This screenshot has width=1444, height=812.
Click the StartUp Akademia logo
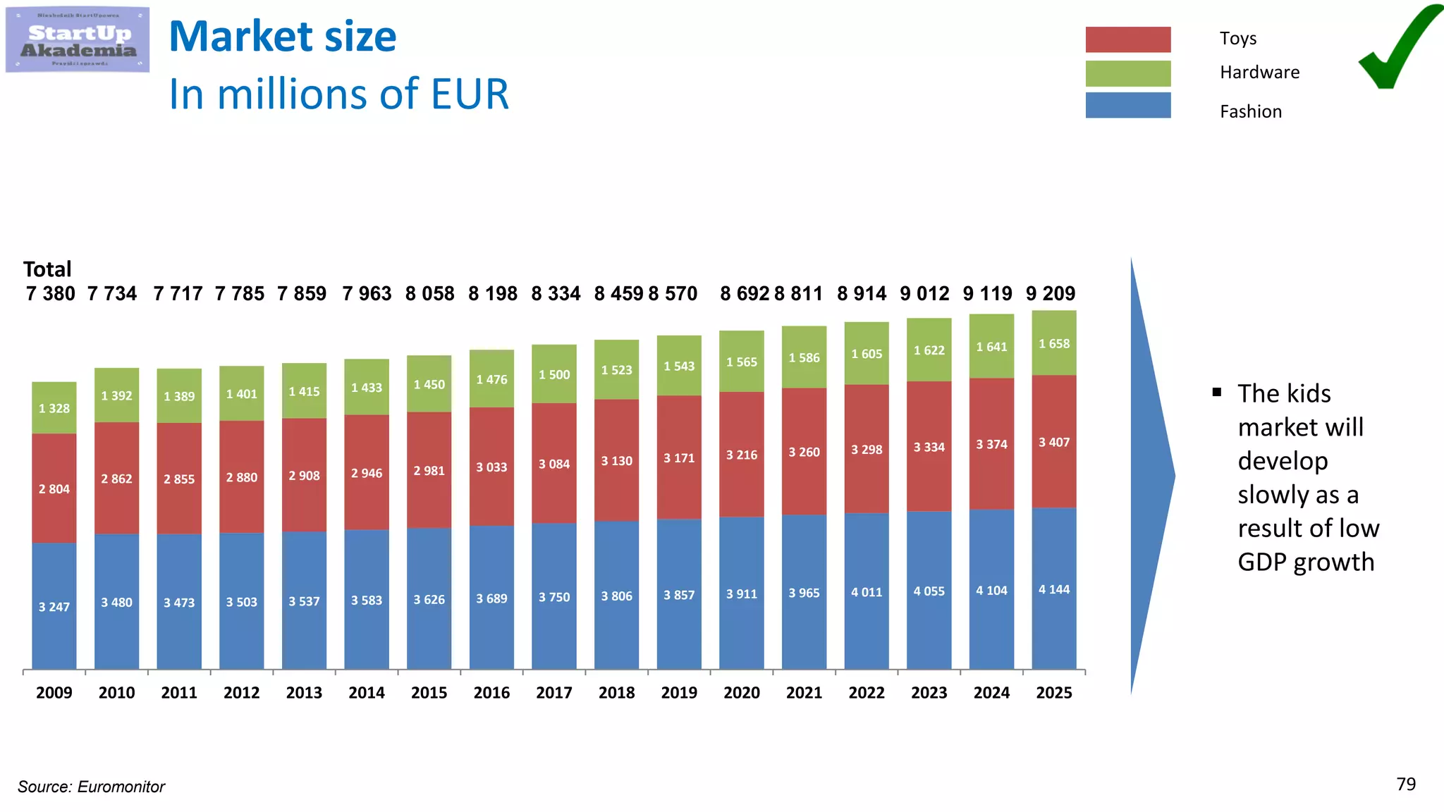(x=78, y=39)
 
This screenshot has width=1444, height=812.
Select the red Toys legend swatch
(x=1127, y=39)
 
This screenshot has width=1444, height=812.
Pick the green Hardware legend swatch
(x=1127, y=73)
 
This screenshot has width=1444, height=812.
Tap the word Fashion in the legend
(x=1250, y=111)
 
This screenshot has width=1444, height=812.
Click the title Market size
(x=283, y=37)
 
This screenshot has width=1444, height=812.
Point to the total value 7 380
(x=50, y=293)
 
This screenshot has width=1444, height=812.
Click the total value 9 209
(x=1050, y=293)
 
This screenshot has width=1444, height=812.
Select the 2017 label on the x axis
(x=553, y=693)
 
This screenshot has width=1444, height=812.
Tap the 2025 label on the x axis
(x=1053, y=693)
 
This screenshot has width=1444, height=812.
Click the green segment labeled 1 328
(x=54, y=408)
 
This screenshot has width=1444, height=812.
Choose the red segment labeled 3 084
(x=554, y=463)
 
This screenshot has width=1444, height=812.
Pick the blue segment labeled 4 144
(x=1054, y=589)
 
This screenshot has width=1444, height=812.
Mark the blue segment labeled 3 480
(x=116, y=602)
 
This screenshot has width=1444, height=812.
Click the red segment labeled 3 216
(x=742, y=455)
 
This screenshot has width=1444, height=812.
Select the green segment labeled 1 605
(x=867, y=354)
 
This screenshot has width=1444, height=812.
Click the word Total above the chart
(x=47, y=269)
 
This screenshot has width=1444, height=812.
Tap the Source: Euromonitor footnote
(x=91, y=787)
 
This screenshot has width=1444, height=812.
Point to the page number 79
(x=1406, y=785)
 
